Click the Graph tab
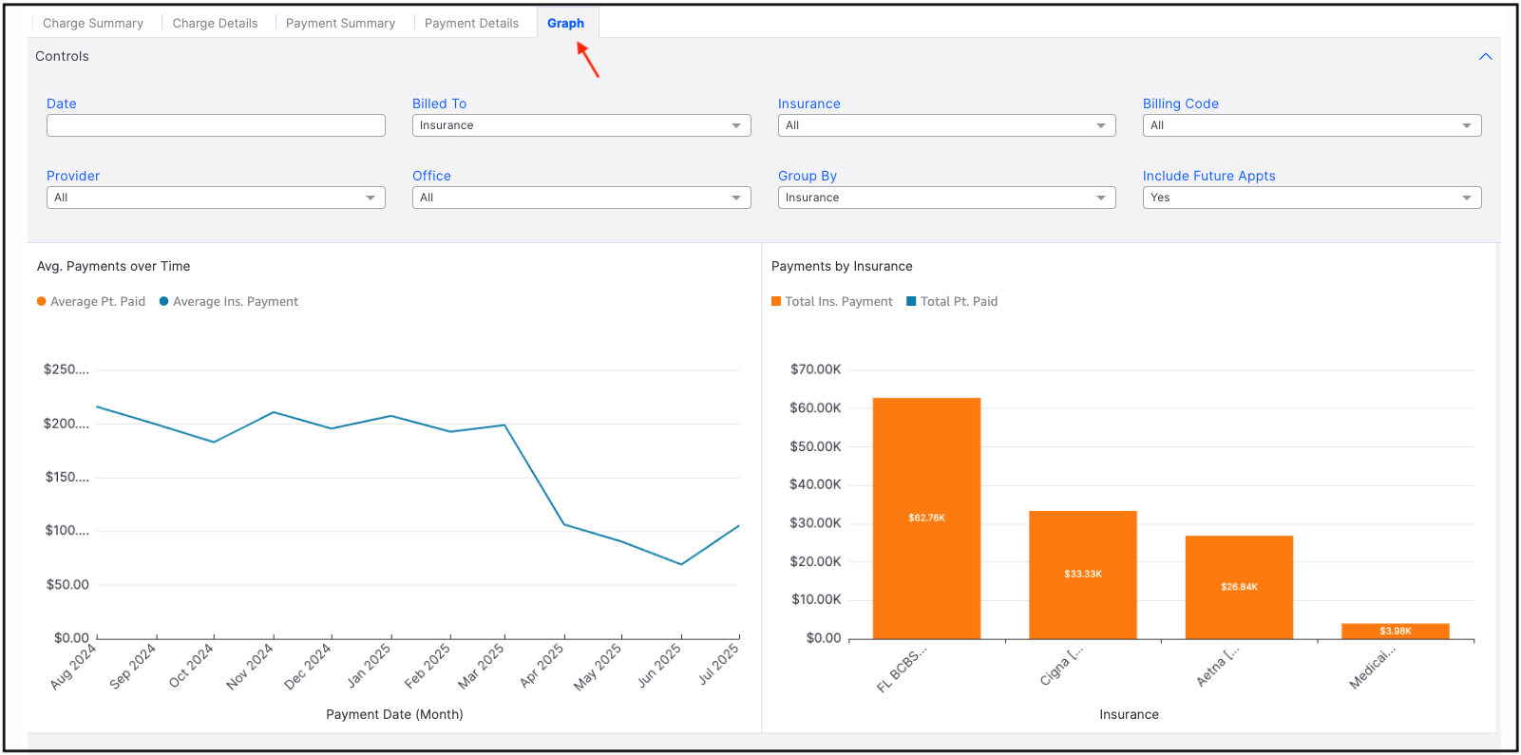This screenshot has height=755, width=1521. tap(565, 23)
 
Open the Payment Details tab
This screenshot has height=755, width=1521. tap(471, 23)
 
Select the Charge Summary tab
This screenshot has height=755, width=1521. tap(93, 23)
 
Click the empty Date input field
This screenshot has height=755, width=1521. tap(216, 125)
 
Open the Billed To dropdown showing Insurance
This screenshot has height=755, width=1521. tap(580, 125)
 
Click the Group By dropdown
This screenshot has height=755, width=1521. tap(946, 198)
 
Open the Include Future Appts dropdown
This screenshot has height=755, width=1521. tap(1311, 198)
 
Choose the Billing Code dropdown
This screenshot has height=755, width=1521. tap(1311, 125)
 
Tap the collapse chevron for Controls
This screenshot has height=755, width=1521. tap(1485, 57)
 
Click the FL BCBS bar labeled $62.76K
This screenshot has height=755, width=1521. tap(926, 518)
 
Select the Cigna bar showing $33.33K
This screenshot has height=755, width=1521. tap(1082, 574)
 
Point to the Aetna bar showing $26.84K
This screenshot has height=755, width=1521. tap(1239, 587)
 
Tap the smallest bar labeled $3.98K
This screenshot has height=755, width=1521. tap(1395, 631)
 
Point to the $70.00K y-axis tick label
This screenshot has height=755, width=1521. tap(815, 369)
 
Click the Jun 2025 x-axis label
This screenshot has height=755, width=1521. tap(659, 665)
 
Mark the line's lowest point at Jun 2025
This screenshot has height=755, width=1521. tap(681, 564)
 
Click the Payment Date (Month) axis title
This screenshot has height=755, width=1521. tap(394, 714)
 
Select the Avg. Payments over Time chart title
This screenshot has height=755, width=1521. tap(113, 266)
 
